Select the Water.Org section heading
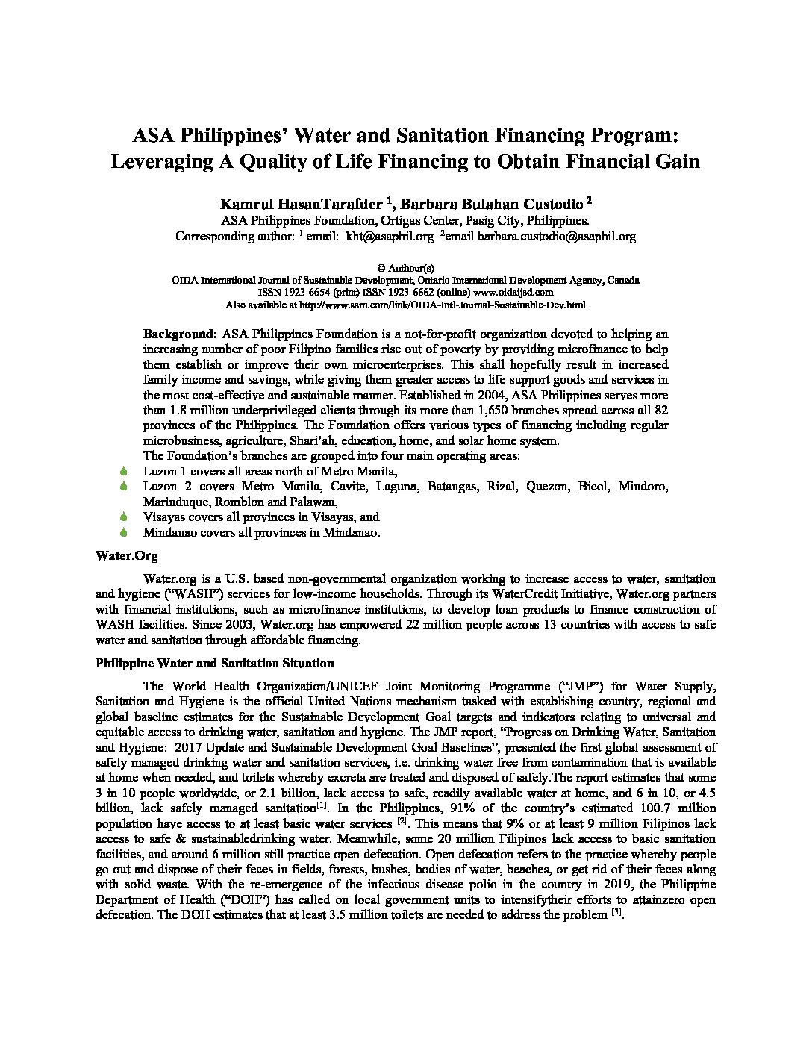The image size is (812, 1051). (x=126, y=556)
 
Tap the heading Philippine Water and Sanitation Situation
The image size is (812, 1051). (x=215, y=663)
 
